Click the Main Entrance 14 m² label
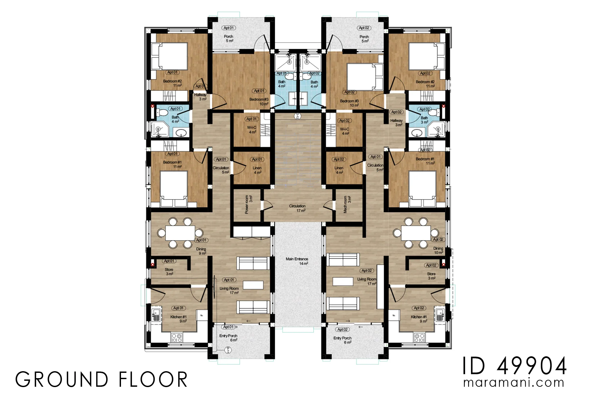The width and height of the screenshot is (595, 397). (x=297, y=261)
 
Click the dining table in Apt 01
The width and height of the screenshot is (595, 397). (x=180, y=233)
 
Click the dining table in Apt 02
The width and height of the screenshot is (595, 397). (x=416, y=233)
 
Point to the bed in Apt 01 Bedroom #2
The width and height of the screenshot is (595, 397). (x=170, y=56)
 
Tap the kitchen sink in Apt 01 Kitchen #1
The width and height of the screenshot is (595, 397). (x=156, y=315)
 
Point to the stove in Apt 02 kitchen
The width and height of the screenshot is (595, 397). (x=419, y=338)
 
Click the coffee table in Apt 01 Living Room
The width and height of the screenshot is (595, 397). (x=253, y=285)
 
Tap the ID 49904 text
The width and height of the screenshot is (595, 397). (x=514, y=366)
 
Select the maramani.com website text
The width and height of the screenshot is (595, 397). (x=514, y=383)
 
